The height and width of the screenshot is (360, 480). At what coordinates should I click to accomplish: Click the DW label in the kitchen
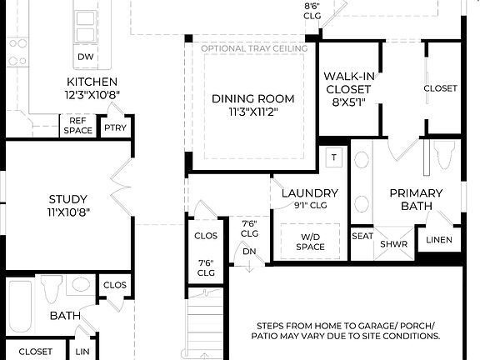point(85,57)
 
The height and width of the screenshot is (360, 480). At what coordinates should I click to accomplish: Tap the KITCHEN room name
point(91,82)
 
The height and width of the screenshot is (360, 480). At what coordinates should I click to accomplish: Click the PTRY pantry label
point(114,128)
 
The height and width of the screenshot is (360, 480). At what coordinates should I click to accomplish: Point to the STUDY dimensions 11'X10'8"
point(68,212)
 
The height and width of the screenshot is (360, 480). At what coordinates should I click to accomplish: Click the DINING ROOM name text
point(252,98)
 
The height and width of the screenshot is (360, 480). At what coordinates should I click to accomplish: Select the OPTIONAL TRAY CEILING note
point(254,48)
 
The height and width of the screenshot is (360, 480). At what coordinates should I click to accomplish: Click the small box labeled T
point(334,157)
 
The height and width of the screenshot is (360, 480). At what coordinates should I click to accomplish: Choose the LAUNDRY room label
point(309,192)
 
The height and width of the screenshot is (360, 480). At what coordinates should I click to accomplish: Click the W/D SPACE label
point(309,242)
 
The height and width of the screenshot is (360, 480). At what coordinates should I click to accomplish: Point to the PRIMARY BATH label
point(416,199)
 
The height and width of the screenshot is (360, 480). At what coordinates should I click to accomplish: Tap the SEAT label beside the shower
point(362,236)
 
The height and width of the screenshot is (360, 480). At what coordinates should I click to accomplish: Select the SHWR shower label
point(393,244)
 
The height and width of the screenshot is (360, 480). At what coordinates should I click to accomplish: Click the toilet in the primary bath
point(442,155)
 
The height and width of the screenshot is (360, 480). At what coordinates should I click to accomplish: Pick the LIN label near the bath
point(82,352)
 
